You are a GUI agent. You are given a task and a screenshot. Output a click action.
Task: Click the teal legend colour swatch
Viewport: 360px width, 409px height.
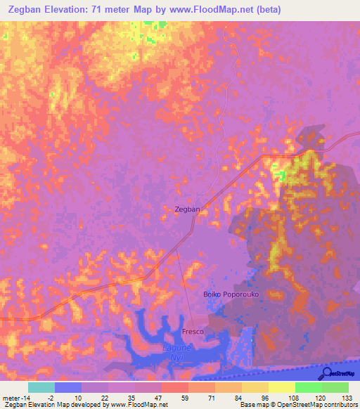coord(41,387)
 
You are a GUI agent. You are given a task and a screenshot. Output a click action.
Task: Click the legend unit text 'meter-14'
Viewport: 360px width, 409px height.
coord(15,398)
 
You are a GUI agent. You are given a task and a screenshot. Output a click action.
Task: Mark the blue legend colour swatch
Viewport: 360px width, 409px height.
coord(68,387)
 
